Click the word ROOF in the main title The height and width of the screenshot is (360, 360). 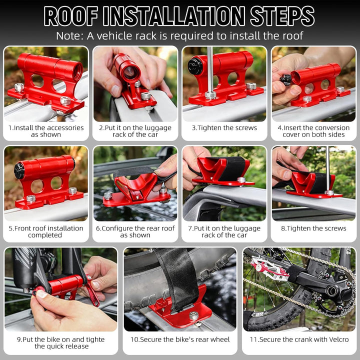coord(70,16)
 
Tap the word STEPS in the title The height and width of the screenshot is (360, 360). coord(282,16)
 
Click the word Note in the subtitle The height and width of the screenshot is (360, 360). coord(68,36)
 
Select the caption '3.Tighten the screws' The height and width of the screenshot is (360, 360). coord(224,128)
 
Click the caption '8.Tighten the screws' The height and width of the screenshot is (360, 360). coord(313,228)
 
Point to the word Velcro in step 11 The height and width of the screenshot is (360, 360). coord(337,339)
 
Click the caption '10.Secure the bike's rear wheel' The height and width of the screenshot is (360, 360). coord(180,339)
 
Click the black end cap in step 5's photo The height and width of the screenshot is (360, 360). coord(19,171)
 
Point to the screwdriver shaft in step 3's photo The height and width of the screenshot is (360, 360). coord(210,69)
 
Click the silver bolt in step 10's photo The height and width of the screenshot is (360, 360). coord(194,316)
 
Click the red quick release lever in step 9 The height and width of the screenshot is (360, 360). coord(92,291)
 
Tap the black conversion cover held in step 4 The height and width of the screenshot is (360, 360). coord(286,79)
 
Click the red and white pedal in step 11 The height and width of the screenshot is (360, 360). coord(268,268)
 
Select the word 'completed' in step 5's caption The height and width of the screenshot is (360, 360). coord(45,235)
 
